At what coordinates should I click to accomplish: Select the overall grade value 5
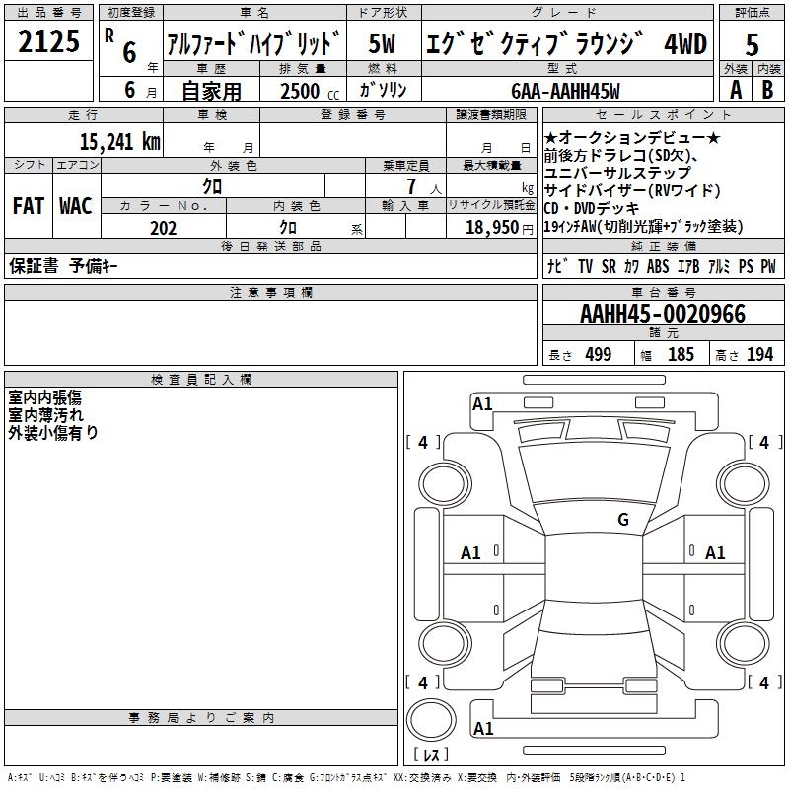(752, 45)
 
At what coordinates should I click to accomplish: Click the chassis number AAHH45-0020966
(663, 315)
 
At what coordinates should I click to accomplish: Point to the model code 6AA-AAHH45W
(566, 91)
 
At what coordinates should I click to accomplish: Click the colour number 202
(163, 228)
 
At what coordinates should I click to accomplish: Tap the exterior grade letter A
(735, 90)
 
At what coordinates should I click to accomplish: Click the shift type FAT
(29, 206)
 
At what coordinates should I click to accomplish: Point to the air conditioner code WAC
(75, 206)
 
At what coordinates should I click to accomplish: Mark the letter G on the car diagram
(623, 520)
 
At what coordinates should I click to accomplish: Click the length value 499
(598, 355)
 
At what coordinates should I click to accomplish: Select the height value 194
(759, 355)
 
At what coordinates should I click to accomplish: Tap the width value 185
(681, 355)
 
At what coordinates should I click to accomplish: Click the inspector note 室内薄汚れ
(46, 415)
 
